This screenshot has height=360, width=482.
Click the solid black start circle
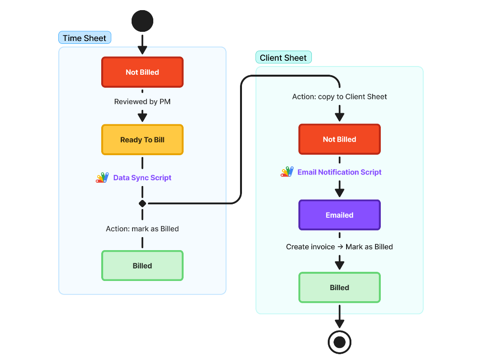[142, 21]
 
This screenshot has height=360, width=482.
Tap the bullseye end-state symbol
[339, 342]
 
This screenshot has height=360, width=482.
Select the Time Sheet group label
[85, 38]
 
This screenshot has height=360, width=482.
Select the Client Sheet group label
[283, 58]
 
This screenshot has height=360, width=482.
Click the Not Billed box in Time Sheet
[142, 72]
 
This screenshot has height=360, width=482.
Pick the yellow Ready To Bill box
[142, 140]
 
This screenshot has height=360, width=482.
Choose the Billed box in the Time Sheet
[142, 266]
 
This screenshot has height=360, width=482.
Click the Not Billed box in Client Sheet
[339, 139]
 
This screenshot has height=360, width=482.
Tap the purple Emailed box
[339, 215]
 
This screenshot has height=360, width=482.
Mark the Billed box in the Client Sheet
[339, 288]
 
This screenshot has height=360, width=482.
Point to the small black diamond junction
[142, 203]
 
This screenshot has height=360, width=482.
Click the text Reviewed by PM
[142, 102]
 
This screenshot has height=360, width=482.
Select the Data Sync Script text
[142, 178]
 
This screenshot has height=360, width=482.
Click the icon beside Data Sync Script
[102, 178]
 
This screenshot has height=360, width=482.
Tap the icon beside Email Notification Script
[287, 172]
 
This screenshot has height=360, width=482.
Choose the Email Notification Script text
[339, 172]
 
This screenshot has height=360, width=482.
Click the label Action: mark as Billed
[142, 229]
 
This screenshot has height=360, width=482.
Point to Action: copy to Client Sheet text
[339, 96]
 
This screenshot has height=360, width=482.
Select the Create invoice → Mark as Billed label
[339, 247]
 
